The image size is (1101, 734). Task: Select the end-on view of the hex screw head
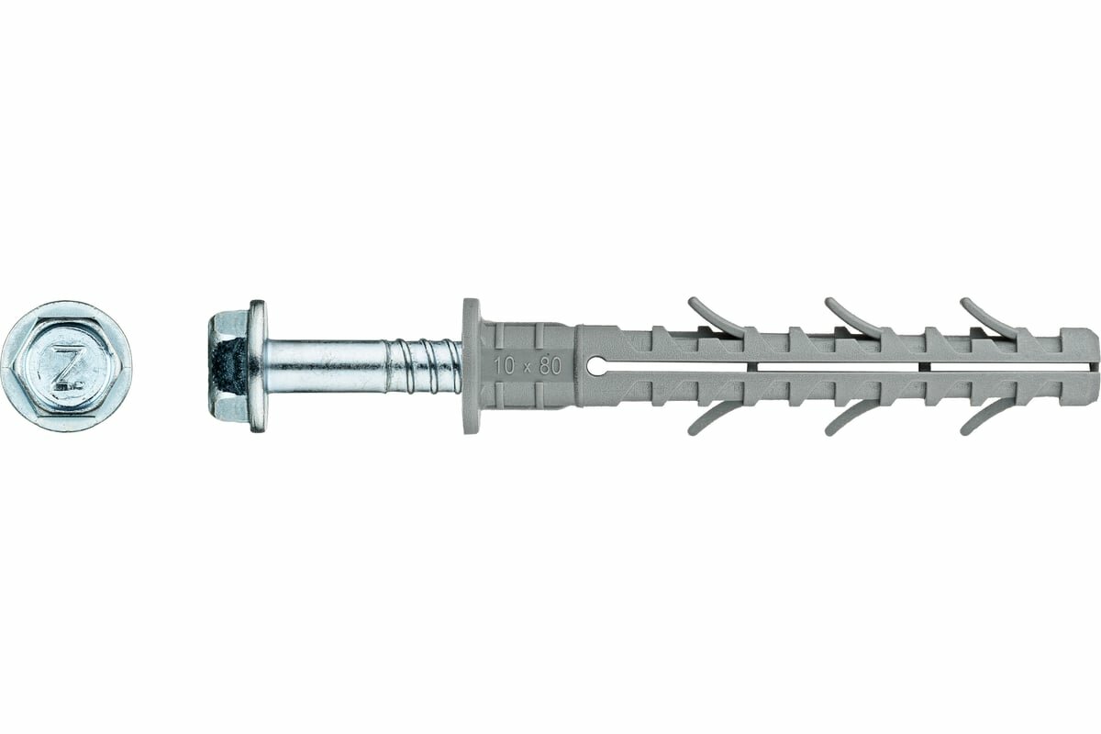[x=66, y=366]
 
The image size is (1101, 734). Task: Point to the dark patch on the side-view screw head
[x=230, y=365]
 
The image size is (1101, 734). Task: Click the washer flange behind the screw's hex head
[x=257, y=365]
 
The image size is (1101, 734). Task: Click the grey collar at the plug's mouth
[x=471, y=365]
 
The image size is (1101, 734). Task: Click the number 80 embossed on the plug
[x=550, y=364]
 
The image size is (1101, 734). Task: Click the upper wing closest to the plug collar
[x=715, y=315]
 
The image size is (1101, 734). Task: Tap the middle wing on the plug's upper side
[x=851, y=315]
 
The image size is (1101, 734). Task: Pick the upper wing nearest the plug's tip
[x=986, y=315]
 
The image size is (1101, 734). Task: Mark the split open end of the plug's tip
[x=1090, y=365]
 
